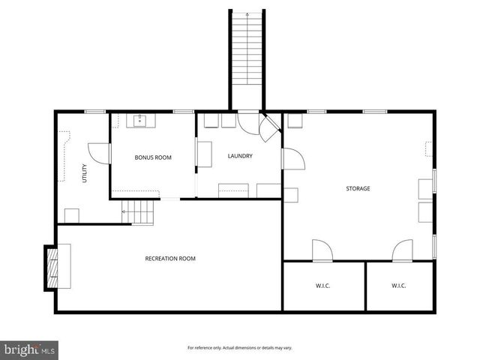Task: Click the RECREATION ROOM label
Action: pyautogui.click(x=170, y=259)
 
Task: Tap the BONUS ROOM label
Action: pyautogui.click(x=153, y=157)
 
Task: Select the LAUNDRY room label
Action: pyautogui.click(x=240, y=156)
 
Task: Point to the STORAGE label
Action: pyautogui.click(x=358, y=188)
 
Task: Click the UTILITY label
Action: pyautogui.click(x=85, y=173)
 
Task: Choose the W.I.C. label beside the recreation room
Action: pyautogui.click(x=323, y=286)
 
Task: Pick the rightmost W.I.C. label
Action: pyautogui.click(x=399, y=286)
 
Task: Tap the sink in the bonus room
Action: pyautogui.click(x=139, y=119)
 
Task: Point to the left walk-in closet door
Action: pyautogui.click(x=322, y=251)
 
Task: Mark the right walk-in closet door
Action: pyautogui.click(x=403, y=251)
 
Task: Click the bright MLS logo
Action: pyautogui.click(x=30, y=349)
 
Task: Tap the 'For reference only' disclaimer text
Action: pyautogui.click(x=239, y=348)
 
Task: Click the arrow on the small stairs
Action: pyautogui.click(x=124, y=212)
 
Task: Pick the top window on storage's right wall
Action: pyautogui.click(x=434, y=183)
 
